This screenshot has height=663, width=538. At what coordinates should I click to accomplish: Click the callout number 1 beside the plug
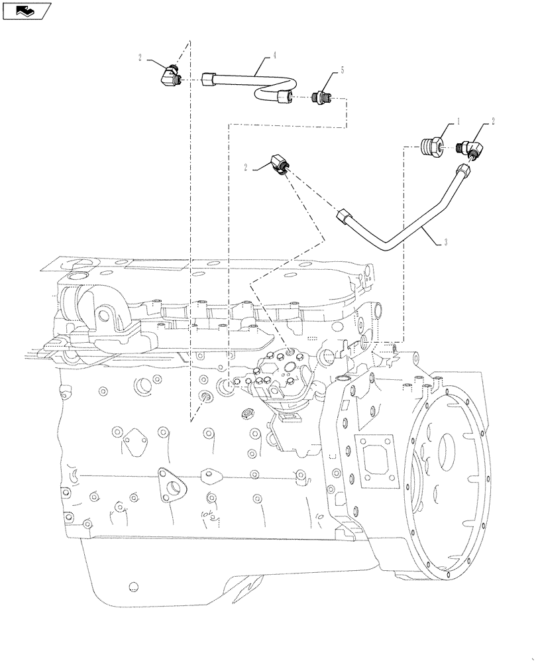point(457,123)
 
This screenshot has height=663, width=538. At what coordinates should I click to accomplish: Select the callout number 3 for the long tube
point(446,243)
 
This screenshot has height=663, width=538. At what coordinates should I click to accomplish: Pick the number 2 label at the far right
point(493,121)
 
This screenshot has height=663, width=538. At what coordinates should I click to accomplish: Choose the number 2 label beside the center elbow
point(246,168)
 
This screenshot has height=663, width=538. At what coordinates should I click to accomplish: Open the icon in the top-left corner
point(26,10)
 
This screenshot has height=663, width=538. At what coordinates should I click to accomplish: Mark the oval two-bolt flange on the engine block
point(173,485)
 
